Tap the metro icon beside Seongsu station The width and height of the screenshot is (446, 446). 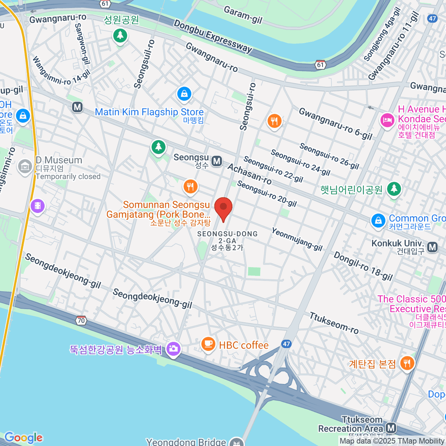(x=217, y=161)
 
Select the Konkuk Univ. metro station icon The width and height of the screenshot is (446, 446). (x=432, y=247)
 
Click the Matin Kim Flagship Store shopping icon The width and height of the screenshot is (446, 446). (x=184, y=94)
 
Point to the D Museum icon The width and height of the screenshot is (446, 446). (x=25, y=167)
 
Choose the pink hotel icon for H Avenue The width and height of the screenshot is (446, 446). (x=387, y=120)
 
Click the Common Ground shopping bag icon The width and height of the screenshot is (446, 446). (x=378, y=220)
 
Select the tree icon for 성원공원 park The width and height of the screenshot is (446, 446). (x=120, y=36)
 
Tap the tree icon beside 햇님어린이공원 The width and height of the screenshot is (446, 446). (x=394, y=189)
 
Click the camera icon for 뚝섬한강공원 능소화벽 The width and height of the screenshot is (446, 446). (x=173, y=349)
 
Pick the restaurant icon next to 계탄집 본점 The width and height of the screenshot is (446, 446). (x=407, y=363)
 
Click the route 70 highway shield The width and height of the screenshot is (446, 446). (x=81, y=320)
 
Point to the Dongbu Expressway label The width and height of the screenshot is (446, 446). (x=213, y=36)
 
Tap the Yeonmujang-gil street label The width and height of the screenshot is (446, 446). (x=297, y=239)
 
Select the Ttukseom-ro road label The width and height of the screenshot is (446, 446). (x=334, y=323)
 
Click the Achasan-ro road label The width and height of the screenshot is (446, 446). (x=249, y=174)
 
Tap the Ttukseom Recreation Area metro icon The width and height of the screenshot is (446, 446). (x=391, y=428)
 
